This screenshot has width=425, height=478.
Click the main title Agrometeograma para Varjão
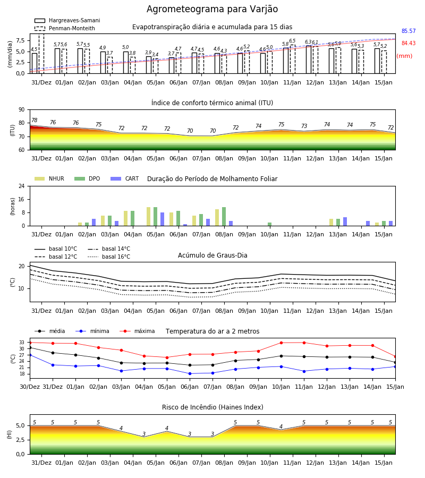pyautogui.click(x=212, y=9)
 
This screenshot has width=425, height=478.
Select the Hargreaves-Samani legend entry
pyautogui.click(x=67, y=20)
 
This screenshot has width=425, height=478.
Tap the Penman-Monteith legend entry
pyautogui.click(x=65, y=28)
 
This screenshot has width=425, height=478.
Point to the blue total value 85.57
pyautogui.click(x=409, y=31)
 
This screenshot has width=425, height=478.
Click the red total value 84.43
pyautogui.click(x=409, y=44)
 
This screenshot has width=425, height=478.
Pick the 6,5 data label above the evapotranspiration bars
pyautogui.click(x=292, y=41)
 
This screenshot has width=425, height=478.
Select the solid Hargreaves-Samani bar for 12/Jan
pyautogui.click(x=309, y=59)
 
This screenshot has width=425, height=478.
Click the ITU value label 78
pyautogui.click(x=35, y=120)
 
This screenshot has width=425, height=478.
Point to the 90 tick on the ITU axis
pyautogui.click(x=22, y=110)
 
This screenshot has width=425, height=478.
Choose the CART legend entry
pyautogui.click(x=125, y=178)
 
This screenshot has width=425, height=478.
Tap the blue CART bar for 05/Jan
pyautogui.click(x=162, y=219)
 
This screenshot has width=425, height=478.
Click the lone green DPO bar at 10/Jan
pyautogui.click(x=269, y=224)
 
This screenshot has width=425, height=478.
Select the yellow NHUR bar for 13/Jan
pyautogui.click(x=331, y=222)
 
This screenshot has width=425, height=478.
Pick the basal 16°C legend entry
pyautogui.click(x=109, y=257)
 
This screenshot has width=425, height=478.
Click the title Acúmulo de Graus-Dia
pyautogui.click(x=212, y=255)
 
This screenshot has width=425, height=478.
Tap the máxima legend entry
pyautogui.click(x=137, y=331)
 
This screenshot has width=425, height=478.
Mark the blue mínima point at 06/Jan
pyautogui.click(x=190, y=373)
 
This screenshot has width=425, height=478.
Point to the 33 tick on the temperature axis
pyautogui.click(x=22, y=343)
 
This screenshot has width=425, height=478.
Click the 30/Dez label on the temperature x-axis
pyautogui.click(x=30, y=387)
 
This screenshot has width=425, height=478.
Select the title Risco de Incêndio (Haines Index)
pyautogui.click(x=212, y=407)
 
